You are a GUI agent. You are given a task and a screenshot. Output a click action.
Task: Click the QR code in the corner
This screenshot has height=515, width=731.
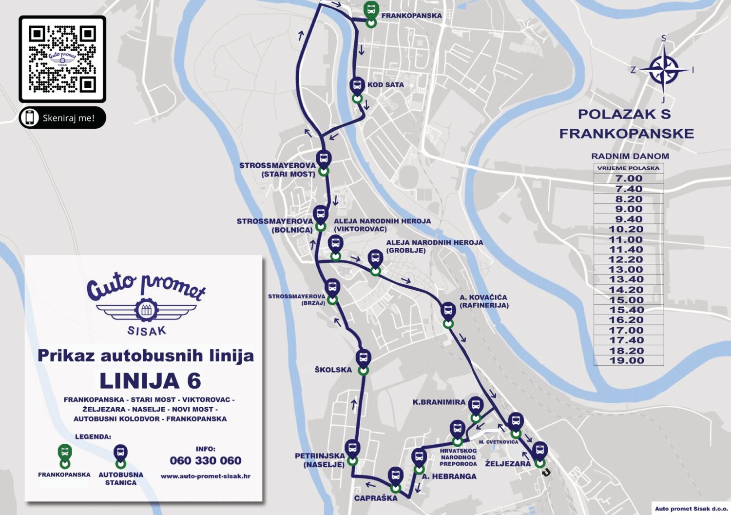coord(62,59)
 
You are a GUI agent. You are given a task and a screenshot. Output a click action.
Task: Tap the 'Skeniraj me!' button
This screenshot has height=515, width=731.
coord(62,118)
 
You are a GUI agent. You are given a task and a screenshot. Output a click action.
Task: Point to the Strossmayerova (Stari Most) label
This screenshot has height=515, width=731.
coord(277,170)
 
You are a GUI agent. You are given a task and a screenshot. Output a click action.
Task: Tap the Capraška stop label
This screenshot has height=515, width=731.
coord(375,498)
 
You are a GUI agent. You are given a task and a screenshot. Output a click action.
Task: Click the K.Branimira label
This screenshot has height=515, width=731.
coord(439,402)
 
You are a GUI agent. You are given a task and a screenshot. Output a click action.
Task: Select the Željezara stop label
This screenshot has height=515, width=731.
coord(507,464)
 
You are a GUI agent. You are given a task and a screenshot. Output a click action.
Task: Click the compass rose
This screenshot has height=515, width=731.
coord(663,70)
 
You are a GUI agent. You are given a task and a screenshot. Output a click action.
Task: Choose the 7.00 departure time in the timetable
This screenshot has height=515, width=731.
coord(629,179)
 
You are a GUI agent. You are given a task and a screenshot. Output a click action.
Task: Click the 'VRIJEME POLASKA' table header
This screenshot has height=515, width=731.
coord(628,168)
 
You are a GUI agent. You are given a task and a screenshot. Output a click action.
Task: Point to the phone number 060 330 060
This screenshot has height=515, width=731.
coord(205,461)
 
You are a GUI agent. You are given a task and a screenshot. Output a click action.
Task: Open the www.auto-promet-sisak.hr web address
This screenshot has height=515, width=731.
coord(205,476)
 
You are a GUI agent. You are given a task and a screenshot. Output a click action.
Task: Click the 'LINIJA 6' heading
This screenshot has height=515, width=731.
coord(150,381)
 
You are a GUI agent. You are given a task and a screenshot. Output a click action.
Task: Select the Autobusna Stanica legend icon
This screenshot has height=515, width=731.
coord(120,455)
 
